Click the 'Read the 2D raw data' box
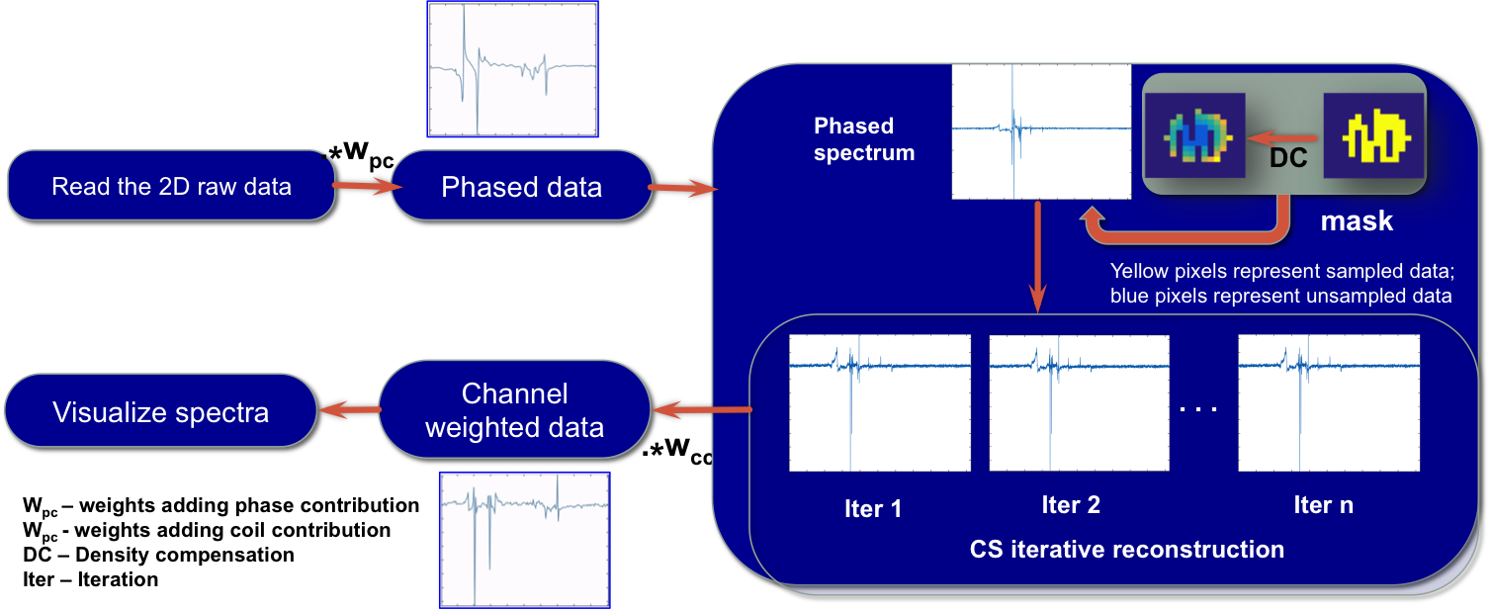pos(171,186)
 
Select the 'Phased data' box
pos(521,186)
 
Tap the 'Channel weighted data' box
pos(514,410)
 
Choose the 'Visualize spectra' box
pos(160,410)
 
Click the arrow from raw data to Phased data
pos(366,186)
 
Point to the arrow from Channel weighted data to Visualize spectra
pos(349,409)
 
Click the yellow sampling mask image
pos(1374,135)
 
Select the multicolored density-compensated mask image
pos(1194,135)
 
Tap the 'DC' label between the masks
pos(1288,158)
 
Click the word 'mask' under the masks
pos(1357,221)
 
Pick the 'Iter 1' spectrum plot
pos(880,402)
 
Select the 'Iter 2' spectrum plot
pos(1079,402)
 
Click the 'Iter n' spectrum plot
pos(1329,402)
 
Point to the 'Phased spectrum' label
pos(864,139)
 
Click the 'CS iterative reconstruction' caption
pos(1127,550)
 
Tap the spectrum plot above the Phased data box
pos(512,69)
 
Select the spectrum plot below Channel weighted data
pos(524,540)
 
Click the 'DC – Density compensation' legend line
pos(158,555)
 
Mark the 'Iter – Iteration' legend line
pos(91,579)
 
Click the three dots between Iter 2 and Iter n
pos(1198,409)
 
